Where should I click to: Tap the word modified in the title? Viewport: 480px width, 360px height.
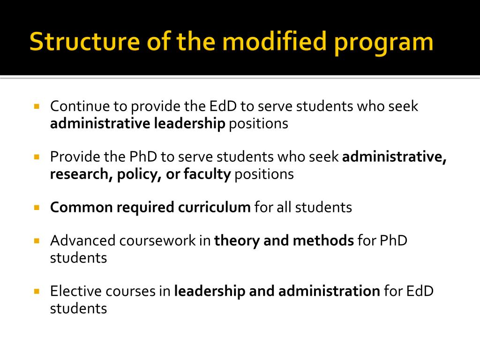click(x=267, y=42)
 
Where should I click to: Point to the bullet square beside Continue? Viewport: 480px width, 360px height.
click(x=37, y=106)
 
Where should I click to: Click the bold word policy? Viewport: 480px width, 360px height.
click(x=132, y=174)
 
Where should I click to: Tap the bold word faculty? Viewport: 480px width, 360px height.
click(x=207, y=174)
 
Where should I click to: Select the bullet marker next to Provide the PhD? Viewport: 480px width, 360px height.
click(x=37, y=157)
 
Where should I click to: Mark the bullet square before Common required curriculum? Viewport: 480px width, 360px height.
click(x=37, y=207)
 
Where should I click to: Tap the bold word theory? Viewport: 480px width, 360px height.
click(x=237, y=240)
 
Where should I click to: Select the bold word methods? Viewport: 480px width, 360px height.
click(x=323, y=240)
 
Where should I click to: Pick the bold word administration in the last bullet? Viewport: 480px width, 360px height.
click(x=329, y=291)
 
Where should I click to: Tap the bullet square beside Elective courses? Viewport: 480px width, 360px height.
click(x=37, y=291)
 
